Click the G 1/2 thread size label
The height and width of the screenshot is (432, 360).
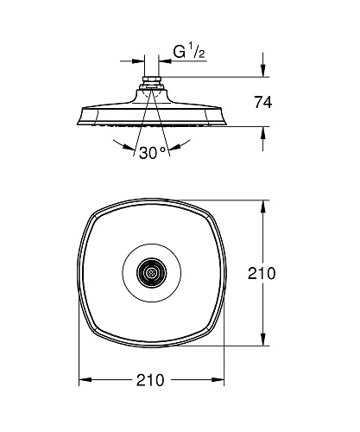[189, 51]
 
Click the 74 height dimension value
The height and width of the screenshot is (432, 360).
[263, 102]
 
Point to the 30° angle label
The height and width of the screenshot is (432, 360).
[152, 153]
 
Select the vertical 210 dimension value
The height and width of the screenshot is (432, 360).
[262, 273]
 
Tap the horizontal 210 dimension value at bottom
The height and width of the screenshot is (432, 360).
[150, 380]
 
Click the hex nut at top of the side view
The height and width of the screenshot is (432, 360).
[151, 79]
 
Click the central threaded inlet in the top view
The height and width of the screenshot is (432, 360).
[151, 272]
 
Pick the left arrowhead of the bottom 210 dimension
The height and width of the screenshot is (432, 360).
[85, 380]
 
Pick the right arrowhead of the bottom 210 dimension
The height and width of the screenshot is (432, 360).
[218, 380]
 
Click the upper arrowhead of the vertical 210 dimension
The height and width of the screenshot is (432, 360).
[262, 206]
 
